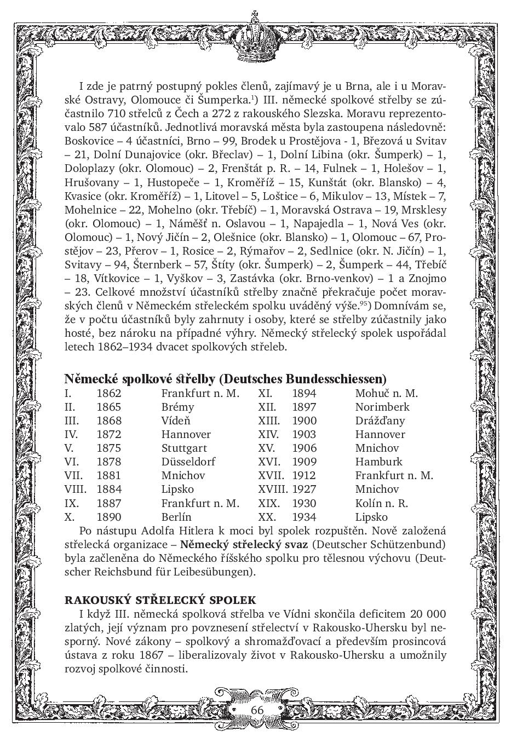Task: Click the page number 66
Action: (257, 710)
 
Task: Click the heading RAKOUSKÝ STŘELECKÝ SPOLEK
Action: (160, 600)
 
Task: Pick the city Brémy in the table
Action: (177, 407)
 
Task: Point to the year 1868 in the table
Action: (108, 421)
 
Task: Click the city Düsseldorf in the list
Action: (188, 462)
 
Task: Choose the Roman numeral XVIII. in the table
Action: (272, 489)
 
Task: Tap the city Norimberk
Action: (382, 407)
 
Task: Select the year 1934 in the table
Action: (304, 517)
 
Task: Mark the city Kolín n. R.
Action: (381, 503)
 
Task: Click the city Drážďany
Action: (380, 421)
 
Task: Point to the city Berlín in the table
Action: (176, 517)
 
